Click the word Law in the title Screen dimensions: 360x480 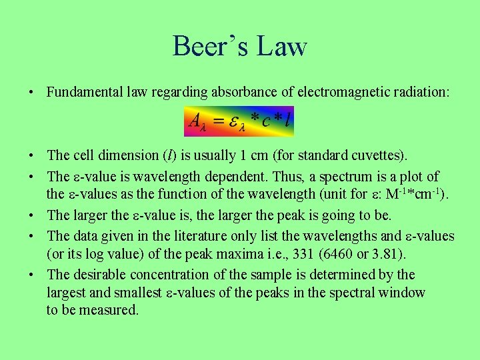283,47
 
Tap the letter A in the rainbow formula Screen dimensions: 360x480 196,121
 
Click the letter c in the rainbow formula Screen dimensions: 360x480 267,121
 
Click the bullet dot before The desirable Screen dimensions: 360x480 33,275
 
